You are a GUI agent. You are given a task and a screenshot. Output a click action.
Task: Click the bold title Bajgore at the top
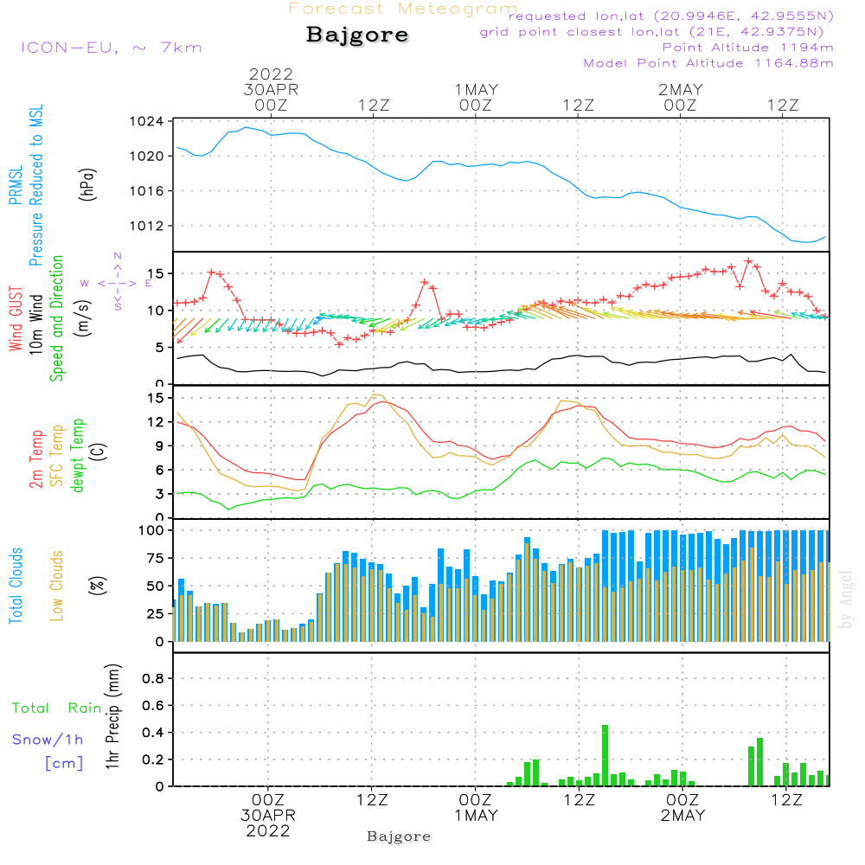(357, 35)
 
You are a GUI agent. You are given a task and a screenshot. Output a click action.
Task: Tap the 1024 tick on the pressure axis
(147, 121)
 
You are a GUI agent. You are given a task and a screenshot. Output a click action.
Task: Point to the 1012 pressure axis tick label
(147, 226)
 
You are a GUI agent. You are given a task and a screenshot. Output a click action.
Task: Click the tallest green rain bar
(605, 755)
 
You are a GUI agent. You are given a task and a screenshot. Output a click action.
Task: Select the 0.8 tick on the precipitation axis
(153, 678)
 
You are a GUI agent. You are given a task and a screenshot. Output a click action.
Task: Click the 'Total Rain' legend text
(57, 708)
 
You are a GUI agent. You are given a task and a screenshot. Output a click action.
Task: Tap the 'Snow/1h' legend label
(48, 740)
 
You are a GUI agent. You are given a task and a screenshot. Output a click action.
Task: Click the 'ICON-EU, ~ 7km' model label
(112, 48)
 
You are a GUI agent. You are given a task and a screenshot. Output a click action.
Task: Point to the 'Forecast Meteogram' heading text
(403, 9)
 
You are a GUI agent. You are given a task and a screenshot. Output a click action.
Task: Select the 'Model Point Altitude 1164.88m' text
(708, 63)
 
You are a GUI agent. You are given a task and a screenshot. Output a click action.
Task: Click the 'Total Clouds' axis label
(16, 586)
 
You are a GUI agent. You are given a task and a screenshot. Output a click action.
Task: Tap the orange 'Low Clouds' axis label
(57, 586)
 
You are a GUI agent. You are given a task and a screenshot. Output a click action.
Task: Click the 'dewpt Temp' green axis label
(77, 455)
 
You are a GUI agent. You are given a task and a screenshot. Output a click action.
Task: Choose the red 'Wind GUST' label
(16, 318)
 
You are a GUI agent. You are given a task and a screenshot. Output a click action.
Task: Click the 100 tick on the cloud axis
(151, 530)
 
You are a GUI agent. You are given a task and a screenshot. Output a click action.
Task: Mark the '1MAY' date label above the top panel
(477, 89)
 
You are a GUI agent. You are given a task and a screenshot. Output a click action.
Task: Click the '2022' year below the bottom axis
(268, 830)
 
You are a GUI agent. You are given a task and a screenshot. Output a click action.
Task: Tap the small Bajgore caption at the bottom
(399, 836)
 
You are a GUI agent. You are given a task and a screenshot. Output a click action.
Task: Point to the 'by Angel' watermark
(846, 599)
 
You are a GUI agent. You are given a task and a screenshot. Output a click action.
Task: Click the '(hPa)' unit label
(87, 183)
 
